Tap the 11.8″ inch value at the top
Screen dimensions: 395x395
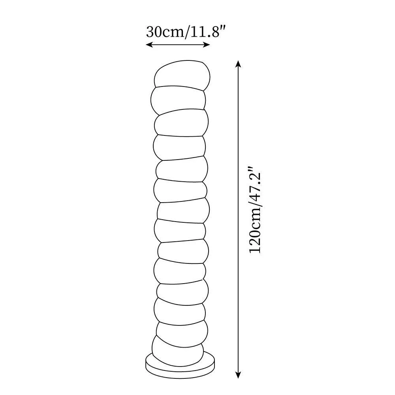(x=208, y=31)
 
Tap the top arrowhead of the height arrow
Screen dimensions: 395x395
(x=238, y=63)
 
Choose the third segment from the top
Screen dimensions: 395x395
(x=181, y=123)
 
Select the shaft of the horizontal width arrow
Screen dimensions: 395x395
(x=178, y=45)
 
